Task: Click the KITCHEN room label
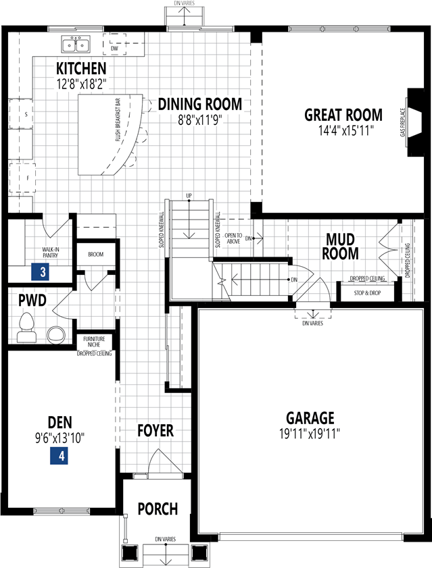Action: (x=81, y=68)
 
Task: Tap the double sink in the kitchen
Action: (x=76, y=45)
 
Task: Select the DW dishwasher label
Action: (x=115, y=49)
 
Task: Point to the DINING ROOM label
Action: (x=199, y=104)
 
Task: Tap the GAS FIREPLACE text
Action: (x=404, y=122)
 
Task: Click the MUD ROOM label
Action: (x=340, y=247)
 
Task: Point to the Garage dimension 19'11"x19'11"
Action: (x=310, y=434)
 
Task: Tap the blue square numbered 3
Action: (x=43, y=273)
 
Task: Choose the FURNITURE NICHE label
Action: (x=94, y=341)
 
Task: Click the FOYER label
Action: (x=155, y=431)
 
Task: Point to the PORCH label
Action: (x=158, y=509)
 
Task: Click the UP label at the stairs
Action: (x=189, y=196)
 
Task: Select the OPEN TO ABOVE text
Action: (x=233, y=238)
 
